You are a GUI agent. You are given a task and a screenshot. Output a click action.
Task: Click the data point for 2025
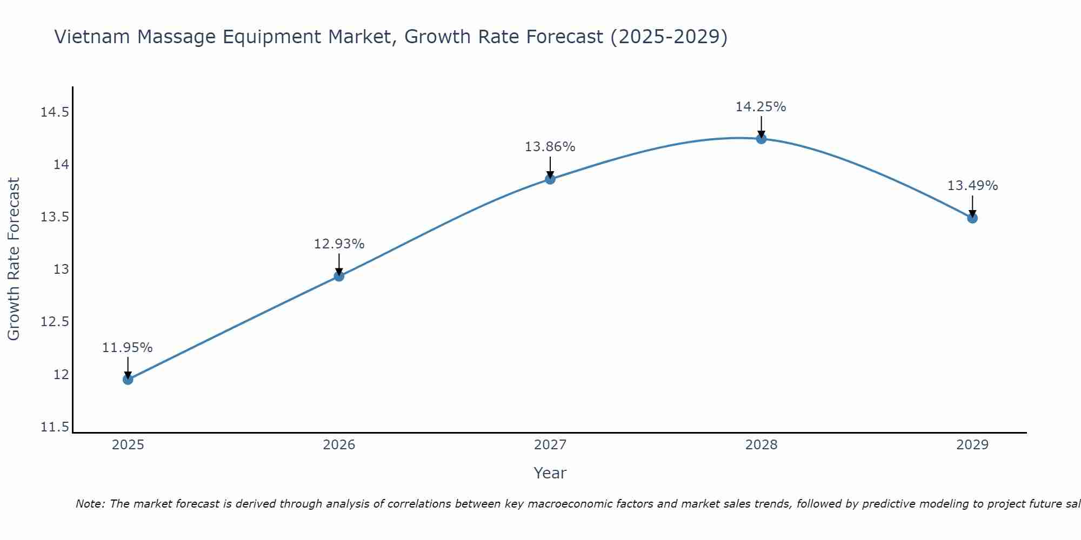point(128,379)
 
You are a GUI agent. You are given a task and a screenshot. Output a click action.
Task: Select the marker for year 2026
point(339,276)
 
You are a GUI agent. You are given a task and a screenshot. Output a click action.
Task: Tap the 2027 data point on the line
point(550,179)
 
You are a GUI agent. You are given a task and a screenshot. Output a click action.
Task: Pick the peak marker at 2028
point(761,138)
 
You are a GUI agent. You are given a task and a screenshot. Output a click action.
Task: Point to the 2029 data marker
point(972,218)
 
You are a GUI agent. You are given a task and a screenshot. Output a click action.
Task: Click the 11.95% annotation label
point(127,348)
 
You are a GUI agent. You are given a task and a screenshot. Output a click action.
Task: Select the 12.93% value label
point(339,244)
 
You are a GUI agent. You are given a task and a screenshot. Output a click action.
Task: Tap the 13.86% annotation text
point(550,147)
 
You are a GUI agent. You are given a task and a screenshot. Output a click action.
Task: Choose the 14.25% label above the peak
point(760,107)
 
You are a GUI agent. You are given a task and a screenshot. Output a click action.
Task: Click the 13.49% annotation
point(972,186)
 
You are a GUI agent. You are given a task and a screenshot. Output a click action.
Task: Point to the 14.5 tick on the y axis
point(55,112)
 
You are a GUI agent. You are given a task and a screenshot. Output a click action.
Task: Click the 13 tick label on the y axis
point(61,269)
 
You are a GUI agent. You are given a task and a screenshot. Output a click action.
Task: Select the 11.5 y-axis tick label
point(55,427)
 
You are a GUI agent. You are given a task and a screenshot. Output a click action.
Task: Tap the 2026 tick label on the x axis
point(339,445)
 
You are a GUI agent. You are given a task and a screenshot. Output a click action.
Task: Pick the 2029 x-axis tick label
point(972,445)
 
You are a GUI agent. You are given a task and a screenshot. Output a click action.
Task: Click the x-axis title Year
point(550,473)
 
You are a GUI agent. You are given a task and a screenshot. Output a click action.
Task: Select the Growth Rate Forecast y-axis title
point(14,259)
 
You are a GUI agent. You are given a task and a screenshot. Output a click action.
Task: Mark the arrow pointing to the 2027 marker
point(550,167)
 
